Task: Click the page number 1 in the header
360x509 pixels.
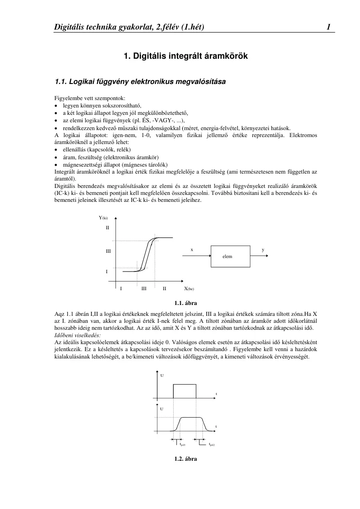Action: [329, 27]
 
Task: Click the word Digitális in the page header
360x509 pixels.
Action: [69, 27]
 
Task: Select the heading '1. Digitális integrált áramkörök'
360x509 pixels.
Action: [186, 56]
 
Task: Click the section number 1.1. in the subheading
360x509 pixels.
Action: [61, 81]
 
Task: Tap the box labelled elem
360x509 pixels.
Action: [230, 256]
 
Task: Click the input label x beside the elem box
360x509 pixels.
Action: [192, 250]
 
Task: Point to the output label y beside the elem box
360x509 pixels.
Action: [262, 250]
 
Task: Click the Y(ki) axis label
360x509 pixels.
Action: [103, 218]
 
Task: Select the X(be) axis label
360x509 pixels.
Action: [188, 288]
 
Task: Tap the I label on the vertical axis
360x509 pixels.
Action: [107, 271]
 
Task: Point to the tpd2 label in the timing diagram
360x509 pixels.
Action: [212, 445]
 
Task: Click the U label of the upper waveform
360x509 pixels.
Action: [162, 375]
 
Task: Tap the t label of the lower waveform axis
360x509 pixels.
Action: [216, 426]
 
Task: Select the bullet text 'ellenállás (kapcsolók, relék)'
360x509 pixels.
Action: [97, 149]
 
